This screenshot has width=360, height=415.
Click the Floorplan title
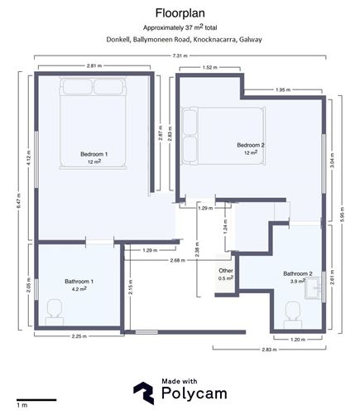click(180, 12)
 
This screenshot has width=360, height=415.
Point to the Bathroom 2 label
click(297, 274)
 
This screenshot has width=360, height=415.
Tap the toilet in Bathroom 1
click(55, 311)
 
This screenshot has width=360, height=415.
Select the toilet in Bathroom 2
click(291, 312)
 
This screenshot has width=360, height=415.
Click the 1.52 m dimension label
click(209, 67)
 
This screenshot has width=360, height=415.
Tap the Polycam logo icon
click(145, 391)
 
